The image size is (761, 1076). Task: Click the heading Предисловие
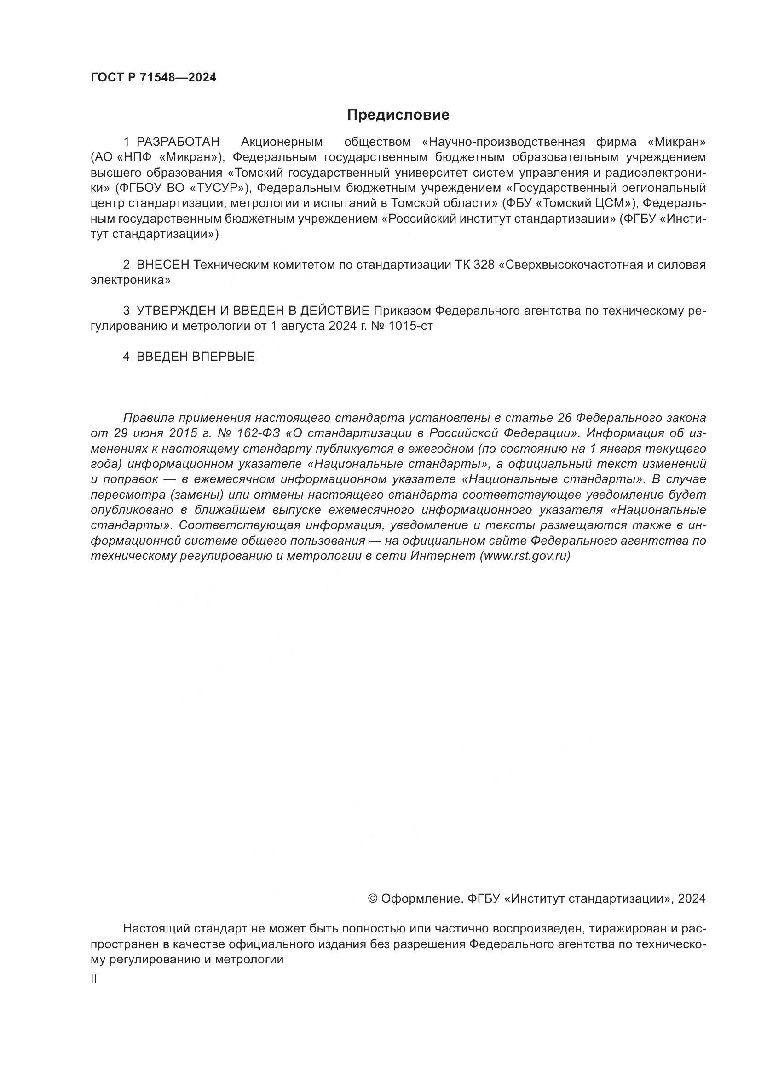[398, 115]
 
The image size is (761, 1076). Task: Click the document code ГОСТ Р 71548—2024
[153, 78]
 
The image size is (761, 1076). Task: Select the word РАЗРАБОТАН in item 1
[178, 142]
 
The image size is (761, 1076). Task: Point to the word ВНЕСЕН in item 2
[162, 265]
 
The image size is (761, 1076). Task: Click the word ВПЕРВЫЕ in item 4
[223, 357]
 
